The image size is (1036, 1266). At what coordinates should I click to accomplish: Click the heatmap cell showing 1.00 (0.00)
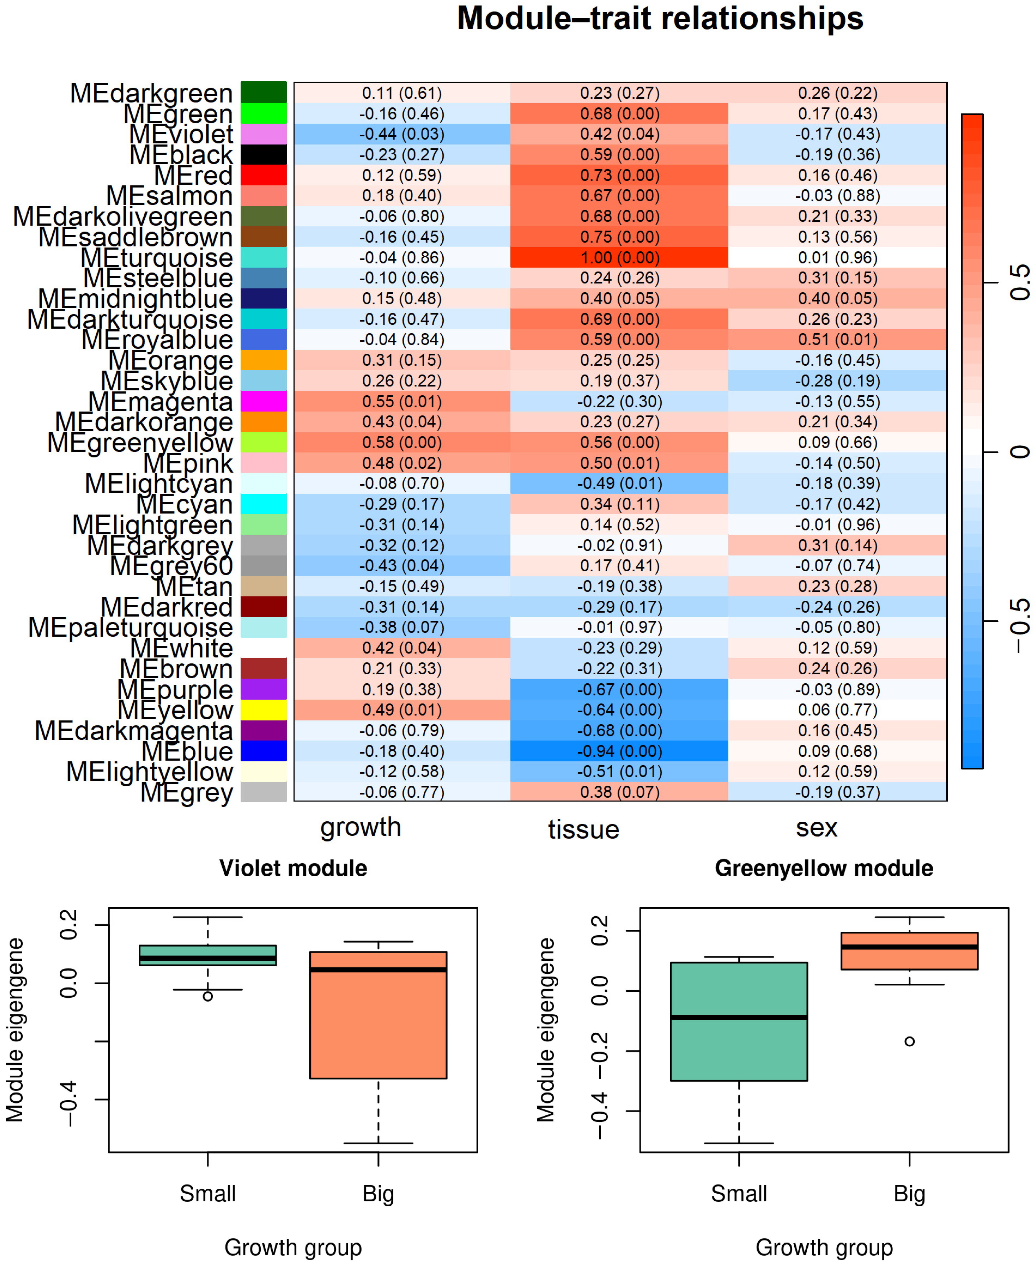click(x=620, y=258)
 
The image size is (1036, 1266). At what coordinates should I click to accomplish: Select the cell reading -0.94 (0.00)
click(x=620, y=751)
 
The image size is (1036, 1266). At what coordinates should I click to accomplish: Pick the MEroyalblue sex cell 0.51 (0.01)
click(x=837, y=339)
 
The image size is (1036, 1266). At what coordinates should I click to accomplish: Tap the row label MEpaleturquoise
click(x=131, y=628)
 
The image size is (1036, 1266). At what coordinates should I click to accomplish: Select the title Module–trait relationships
click(x=660, y=18)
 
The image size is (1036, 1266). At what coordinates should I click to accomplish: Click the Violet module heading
click(x=293, y=868)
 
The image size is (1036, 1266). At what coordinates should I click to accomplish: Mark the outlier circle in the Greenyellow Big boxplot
click(x=909, y=1041)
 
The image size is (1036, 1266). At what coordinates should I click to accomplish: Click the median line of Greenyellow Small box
click(x=739, y=1017)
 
